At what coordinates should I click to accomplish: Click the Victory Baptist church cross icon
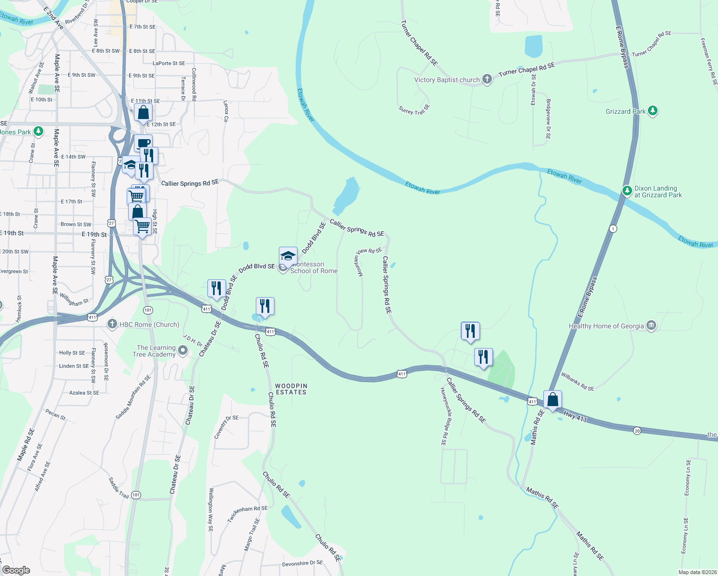[487, 79]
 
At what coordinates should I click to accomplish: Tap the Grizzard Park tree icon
[652, 111]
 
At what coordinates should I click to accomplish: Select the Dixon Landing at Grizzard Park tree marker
[627, 191]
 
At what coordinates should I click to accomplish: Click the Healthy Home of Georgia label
[606, 326]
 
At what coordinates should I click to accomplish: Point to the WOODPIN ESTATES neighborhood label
[291, 389]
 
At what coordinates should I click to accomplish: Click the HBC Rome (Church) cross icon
[112, 324]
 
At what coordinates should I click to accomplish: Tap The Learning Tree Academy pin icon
[182, 351]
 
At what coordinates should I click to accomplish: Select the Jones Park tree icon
[38, 131]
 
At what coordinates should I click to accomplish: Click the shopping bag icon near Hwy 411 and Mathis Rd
[552, 399]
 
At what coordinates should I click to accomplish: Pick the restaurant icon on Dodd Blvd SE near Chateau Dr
[216, 288]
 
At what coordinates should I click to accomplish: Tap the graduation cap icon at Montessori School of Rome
[288, 256]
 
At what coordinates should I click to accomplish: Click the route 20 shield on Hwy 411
[637, 431]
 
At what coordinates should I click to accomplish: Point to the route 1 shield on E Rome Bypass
[613, 228]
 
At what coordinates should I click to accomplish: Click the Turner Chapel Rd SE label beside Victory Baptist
[527, 70]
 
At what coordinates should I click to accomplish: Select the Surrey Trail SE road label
[414, 109]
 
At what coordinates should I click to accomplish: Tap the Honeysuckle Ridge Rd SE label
[444, 416]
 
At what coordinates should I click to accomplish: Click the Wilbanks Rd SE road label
[577, 382]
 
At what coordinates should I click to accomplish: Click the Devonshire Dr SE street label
[302, 564]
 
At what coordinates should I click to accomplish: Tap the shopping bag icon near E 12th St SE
[143, 113]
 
